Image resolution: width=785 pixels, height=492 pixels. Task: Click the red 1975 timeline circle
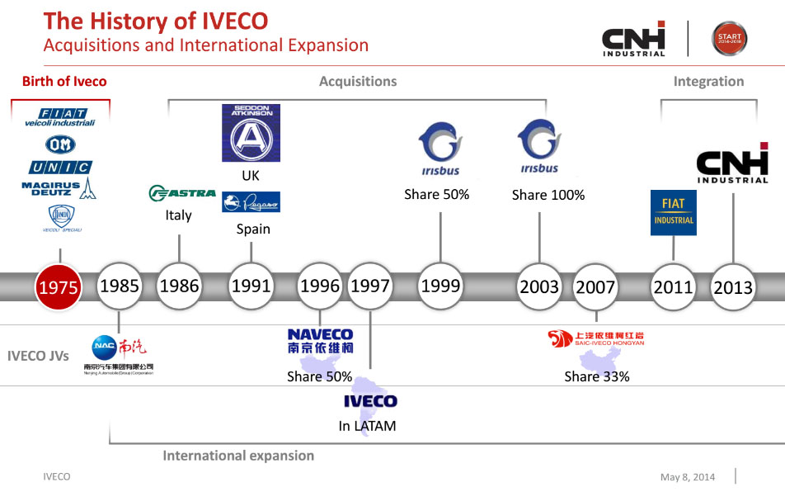coord(59,286)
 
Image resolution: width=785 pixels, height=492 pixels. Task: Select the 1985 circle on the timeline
coord(119,286)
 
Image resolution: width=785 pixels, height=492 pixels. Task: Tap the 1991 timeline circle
coord(251,286)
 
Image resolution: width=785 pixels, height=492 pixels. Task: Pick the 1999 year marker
coord(440,286)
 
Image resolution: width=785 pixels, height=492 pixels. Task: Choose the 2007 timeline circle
coord(595,286)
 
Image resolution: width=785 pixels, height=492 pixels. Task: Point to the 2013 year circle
coord(733,286)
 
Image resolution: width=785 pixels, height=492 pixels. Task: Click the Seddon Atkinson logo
coord(251,132)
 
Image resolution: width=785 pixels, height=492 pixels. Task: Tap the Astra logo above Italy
coord(181,193)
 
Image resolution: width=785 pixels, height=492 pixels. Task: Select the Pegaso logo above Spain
coord(251,202)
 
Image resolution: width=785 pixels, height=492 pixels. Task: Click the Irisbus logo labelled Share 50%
coord(440,149)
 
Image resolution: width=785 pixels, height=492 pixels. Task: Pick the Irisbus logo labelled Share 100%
coord(539,146)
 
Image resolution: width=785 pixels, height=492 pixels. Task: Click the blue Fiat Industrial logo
coord(674,212)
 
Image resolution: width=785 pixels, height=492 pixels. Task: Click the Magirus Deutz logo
coord(59,187)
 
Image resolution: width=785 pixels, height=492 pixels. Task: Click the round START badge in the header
coord(730,38)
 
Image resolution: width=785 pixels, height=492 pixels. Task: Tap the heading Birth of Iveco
coord(64,81)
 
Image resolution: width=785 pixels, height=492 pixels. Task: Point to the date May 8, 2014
coord(688,477)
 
